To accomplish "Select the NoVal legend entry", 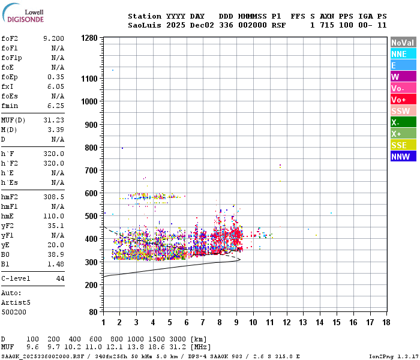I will tap(403, 43).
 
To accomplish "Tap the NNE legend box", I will tap(403, 54).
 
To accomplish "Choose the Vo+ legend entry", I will tap(403, 100).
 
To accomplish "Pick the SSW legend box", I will tap(403, 111).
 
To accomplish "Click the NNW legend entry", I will tap(403, 157).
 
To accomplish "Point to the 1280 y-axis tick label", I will tap(89, 38).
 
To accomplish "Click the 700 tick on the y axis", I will tap(91, 170).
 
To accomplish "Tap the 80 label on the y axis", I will tap(93, 312).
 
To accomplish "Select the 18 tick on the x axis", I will tap(386, 322).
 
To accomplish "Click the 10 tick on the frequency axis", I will tap(253, 322).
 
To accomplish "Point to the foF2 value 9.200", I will tap(53, 38).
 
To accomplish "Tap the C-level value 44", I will tap(60, 279).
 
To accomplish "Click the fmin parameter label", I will tap(10, 106).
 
